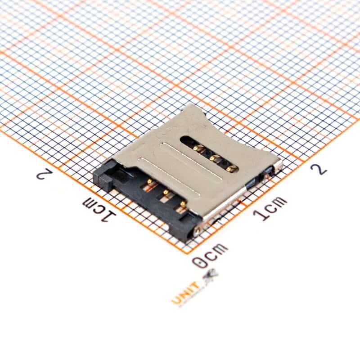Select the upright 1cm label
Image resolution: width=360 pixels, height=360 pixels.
(x=270, y=208)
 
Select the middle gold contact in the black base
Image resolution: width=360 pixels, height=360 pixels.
(x=166, y=193)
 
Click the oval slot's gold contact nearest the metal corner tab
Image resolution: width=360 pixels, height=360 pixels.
(x=231, y=168)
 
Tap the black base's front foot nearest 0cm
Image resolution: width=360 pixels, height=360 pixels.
(x=183, y=232)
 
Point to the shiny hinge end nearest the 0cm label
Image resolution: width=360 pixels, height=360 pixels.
(x=198, y=229)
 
